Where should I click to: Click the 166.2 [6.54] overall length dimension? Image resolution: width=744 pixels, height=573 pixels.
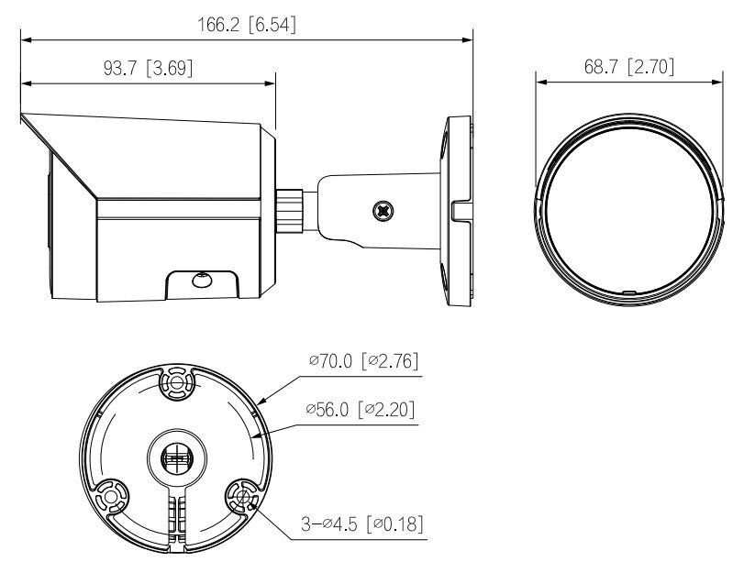[x=247, y=25]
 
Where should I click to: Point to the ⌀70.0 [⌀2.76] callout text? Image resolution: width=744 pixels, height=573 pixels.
[x=365, y=361]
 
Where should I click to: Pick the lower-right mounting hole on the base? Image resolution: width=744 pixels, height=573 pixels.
[x=242, y=498]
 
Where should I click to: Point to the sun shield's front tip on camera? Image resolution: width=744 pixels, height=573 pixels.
[x=24, y=117]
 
